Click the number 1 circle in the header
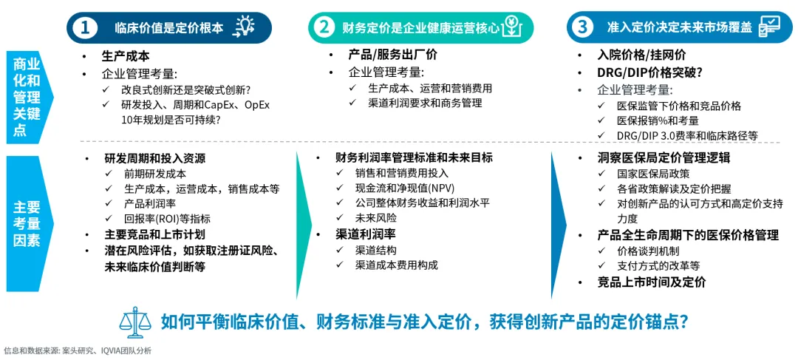(x=86, y=27)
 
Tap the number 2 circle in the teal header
(x=324, y=27)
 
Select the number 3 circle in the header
(x=584, y=27)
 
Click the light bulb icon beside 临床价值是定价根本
(x=244, y=27)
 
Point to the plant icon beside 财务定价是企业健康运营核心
(x=510, y=27)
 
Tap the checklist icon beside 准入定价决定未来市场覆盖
(x=769, y=27)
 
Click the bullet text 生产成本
(x=125, y=55)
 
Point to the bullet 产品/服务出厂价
(x=392, y=55)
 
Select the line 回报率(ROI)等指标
(x=167, y=218)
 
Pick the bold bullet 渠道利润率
(x=364, y=234)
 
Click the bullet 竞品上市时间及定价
(x=651, y=282)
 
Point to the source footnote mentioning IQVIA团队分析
(x=77, y=350)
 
